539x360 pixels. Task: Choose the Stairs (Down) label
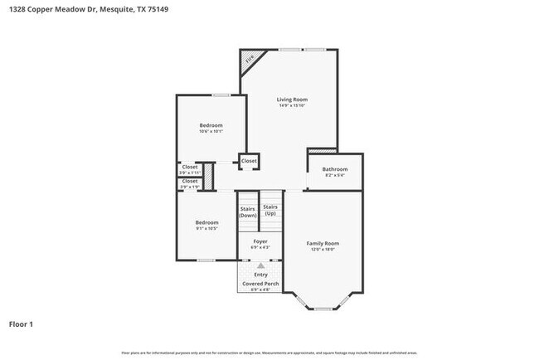(248, 212)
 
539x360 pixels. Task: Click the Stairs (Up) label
(270, 210)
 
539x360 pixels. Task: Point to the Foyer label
(260, 241)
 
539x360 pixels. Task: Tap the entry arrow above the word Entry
(260, 265)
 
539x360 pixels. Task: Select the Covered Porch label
(260, 284)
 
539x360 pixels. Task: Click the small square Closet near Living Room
(249, 161)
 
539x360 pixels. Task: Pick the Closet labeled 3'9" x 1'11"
(190, 169)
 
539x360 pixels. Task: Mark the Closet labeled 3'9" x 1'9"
(190, 183)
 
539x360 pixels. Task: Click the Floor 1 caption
(21, 324)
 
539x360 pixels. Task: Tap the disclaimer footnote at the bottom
(269, 353)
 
